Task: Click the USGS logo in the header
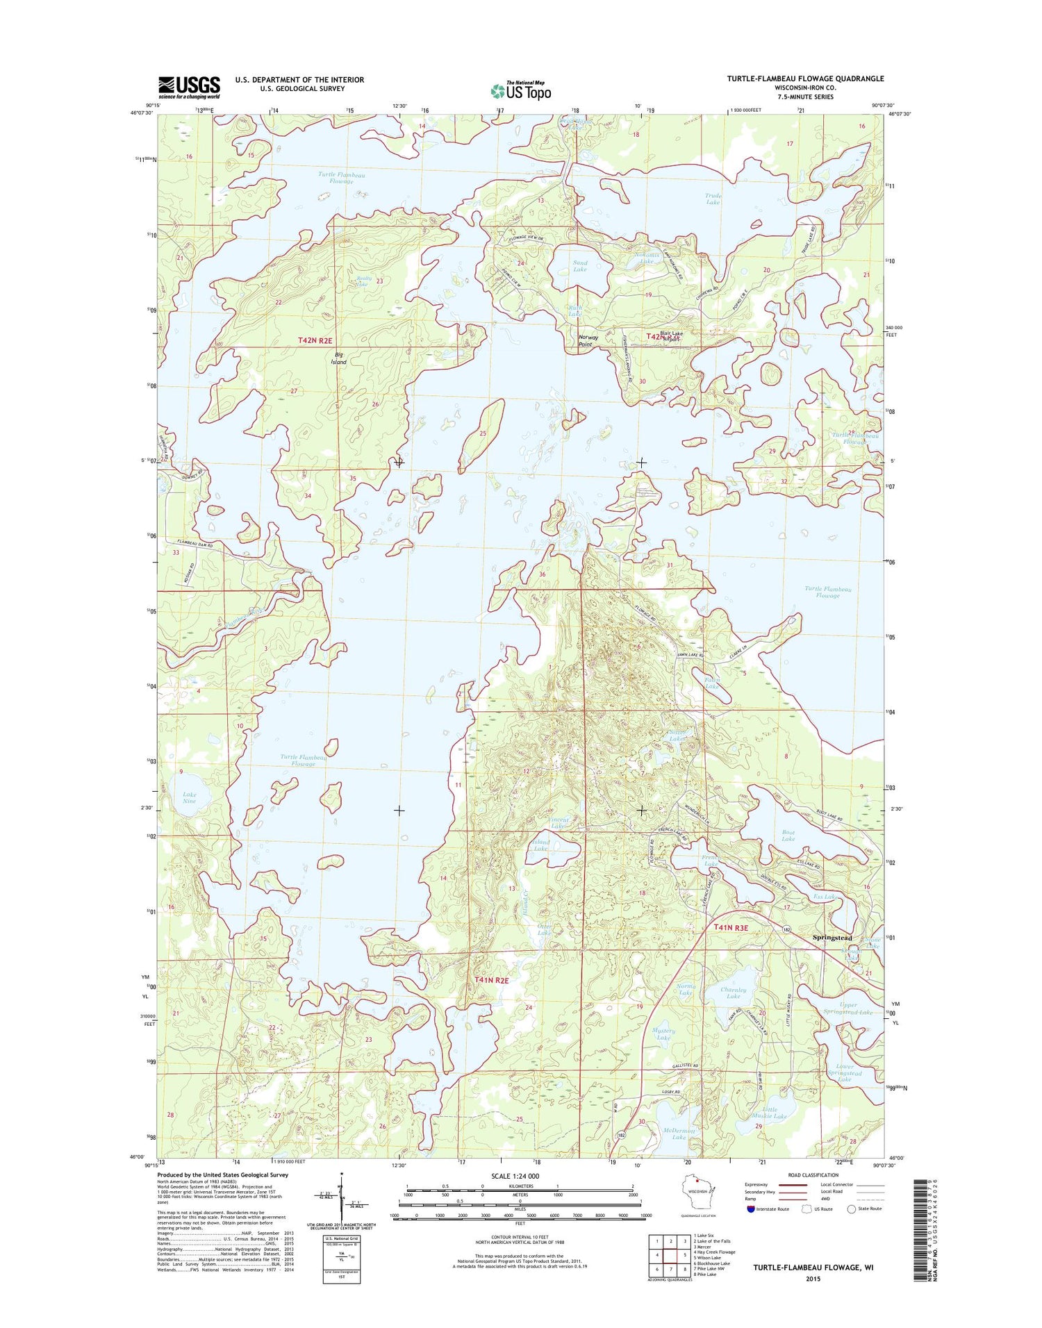pos(189,86)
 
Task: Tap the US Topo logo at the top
pos(521,90)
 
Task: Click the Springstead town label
pos(832,937)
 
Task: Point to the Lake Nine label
pos(190,797)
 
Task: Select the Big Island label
pos(338,358)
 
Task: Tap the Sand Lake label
pos(579,266)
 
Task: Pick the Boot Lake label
pos(788,835)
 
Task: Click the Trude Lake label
pos(713,199)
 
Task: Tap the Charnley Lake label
pos(733,993)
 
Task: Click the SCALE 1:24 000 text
pos(515,1176)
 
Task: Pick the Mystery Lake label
pos(664,1034)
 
